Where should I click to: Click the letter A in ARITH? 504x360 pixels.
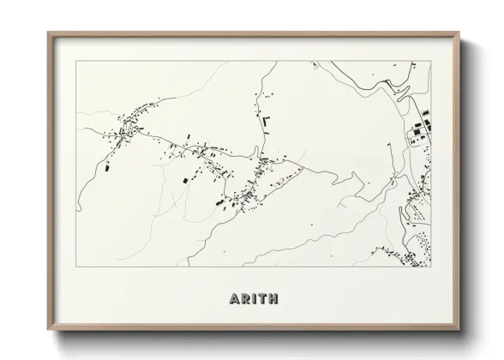click(235, 300)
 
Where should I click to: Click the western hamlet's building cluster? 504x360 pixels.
click(129, 129)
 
